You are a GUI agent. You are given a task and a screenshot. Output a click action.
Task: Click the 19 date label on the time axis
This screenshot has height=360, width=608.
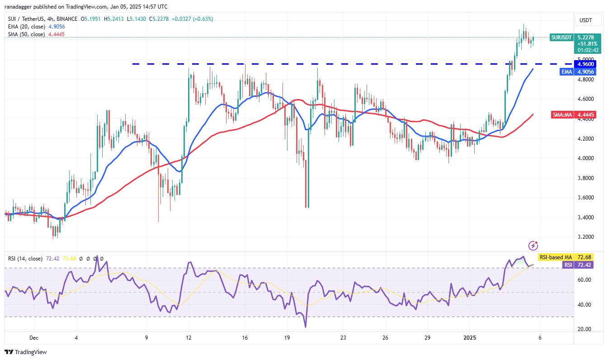pyautogui.click(x=287, y=337)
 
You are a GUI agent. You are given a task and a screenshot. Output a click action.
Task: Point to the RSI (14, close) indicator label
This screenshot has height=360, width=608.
pyautogui.click(x=25, y=259)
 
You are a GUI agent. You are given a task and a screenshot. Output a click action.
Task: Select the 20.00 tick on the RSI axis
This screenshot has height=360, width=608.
pyautogui.click(x=585, y=329)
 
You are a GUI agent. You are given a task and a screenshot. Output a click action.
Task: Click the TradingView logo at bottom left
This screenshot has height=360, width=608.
pyautogui.click(x=26, y=352)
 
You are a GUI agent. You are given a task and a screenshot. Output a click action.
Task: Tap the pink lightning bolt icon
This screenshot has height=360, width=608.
pyautogui.click(x=533, y=246)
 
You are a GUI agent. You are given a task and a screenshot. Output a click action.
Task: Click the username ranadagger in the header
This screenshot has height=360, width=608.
pyautogui.click(x=23, y=7)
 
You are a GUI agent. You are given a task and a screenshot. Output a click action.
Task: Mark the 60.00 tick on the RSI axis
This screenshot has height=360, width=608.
pyautogui.click(x=585, y=280)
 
